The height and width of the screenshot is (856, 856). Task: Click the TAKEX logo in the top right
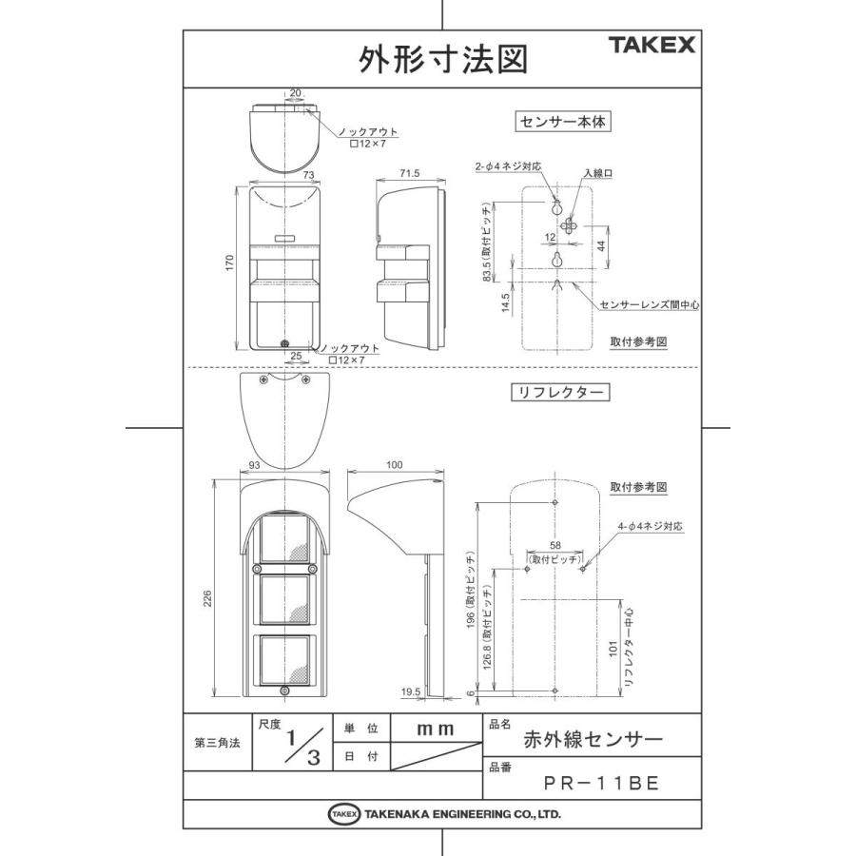tap(652, 44)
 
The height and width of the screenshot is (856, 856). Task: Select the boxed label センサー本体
tap(561, 122)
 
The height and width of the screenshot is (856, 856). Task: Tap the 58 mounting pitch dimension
tap(555, 544)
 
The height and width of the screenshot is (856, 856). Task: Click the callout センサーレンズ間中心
tap(650, 305)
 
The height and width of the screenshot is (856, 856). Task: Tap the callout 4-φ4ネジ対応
tap(651, 525)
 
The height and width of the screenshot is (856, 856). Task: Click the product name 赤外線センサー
tap(593, 737)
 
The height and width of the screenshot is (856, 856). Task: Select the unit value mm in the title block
tap(435, 728)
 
